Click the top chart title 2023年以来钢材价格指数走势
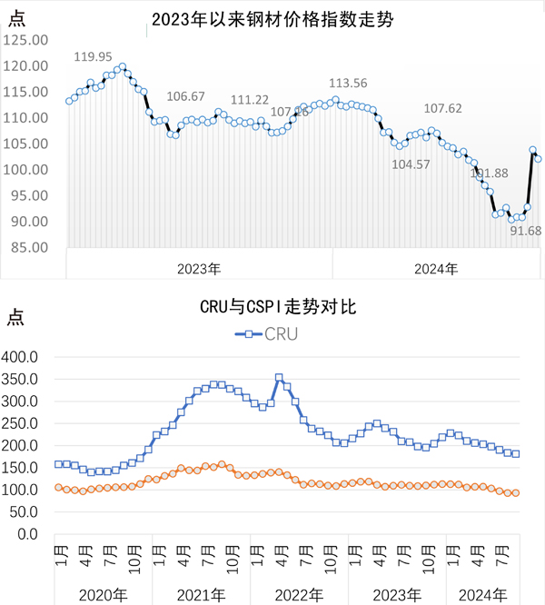[272, 19]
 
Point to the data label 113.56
[347, 83]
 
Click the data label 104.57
[411, 164]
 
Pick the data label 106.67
[186, 96]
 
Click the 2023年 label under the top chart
[200, 269]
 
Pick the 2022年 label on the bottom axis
[300, 594]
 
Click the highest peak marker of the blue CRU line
[279, 378]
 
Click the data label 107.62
[443, 108]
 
